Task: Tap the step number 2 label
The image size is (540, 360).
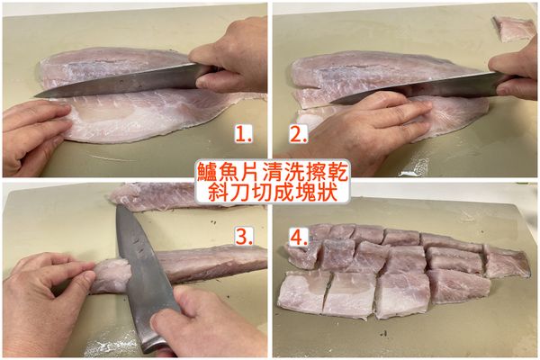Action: click(298, 134)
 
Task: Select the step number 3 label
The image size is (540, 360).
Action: click(243, 236)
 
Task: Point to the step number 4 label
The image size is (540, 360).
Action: click(299, 236)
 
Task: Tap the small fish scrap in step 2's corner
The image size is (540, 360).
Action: click(515, 28)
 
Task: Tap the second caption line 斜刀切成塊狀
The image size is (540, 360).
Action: click(270, 192)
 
